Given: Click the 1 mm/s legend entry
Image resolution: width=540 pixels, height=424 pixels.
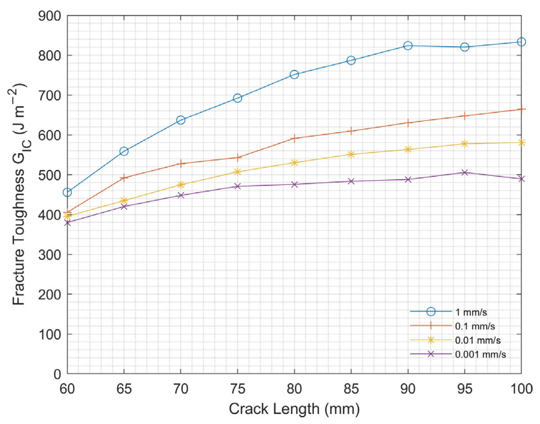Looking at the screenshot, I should [x=471, y=312].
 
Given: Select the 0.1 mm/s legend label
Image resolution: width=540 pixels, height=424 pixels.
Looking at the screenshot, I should [x=475, y=326].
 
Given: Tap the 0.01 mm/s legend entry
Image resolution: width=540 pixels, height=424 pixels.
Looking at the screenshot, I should [x=478, y=340].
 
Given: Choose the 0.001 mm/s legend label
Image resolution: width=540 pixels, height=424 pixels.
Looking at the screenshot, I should [x=480, y=354].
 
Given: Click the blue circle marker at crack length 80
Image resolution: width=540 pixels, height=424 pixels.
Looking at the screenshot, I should [x=294, y=75].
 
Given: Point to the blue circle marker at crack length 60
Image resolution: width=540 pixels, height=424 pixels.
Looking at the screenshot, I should [x=67, y=192].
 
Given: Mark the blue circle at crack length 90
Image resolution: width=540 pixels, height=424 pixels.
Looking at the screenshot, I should [x=408, y=46].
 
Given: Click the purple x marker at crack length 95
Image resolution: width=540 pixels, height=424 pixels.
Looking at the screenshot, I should [x=465, y=172].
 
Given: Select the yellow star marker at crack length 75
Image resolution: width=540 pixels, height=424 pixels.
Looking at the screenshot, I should [x=238, y=172].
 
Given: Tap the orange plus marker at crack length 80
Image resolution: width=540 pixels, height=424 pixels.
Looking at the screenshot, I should [x=294, y=138].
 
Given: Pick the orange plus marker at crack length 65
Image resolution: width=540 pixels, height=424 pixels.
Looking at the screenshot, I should [x=124, y=178].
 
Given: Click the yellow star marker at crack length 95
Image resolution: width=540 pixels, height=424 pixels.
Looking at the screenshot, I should [x=465, y=144].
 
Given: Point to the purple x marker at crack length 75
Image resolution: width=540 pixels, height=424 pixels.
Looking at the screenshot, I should [x=238, y=186].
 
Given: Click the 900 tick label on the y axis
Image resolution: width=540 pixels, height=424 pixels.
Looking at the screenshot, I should [x=50, y=16].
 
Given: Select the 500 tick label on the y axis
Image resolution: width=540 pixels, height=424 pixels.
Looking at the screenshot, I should [x=50, y=175].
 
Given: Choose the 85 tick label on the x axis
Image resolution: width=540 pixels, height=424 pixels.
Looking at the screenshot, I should [x=351, y=389].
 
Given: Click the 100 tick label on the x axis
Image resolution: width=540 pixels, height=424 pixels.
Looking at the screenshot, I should [x=521, y=389].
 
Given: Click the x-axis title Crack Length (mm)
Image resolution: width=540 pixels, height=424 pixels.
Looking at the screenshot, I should [x=294, y=409].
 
